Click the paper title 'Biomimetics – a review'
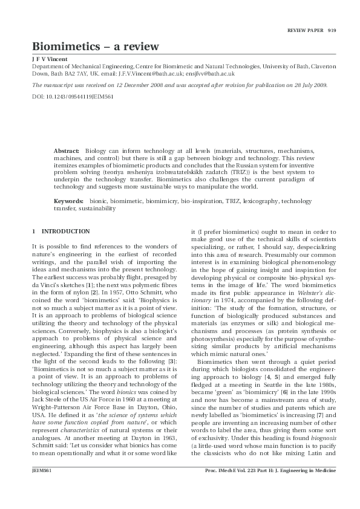(96, 47)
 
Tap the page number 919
(332, 30)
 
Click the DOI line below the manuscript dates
(65, 97)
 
